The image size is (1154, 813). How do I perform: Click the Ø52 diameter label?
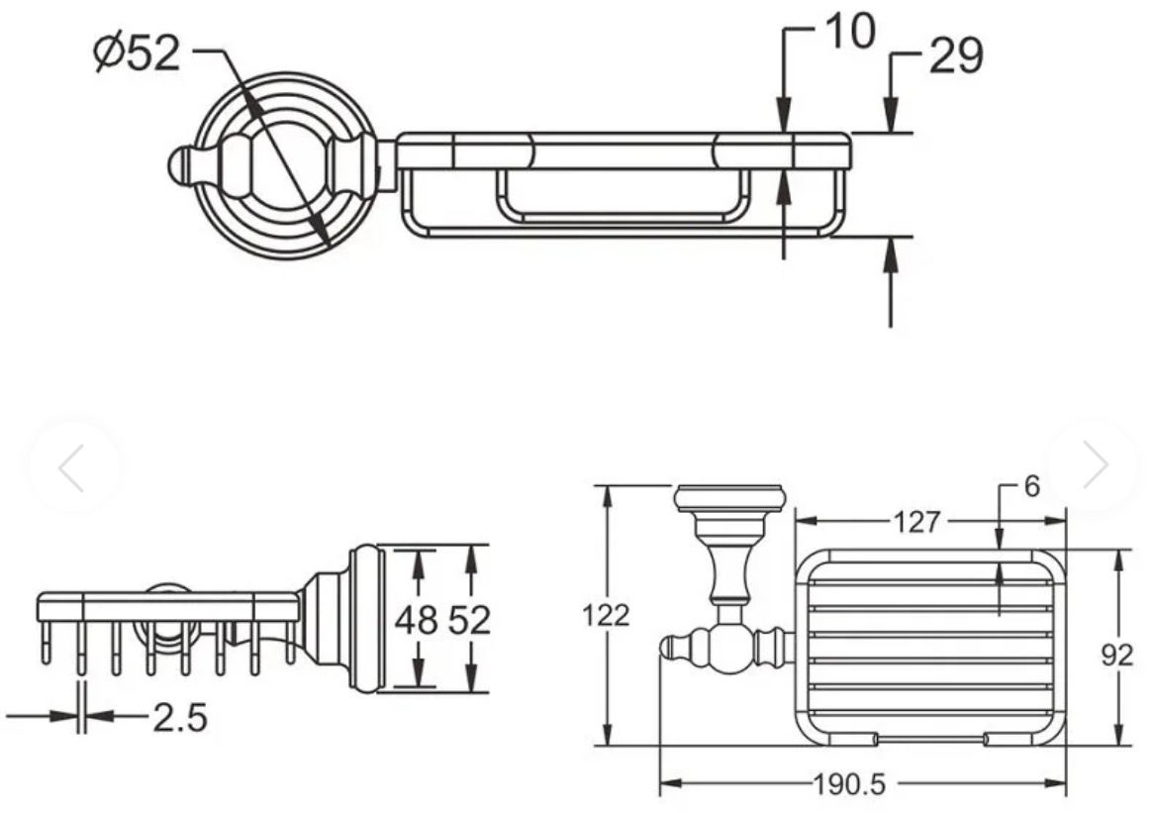pyautogui.click(x=137, y=53)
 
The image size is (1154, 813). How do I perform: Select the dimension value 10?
pyautogui.click(x=850, y=31)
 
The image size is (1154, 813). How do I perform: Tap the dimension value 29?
pyautogui.click(x=956, y=55)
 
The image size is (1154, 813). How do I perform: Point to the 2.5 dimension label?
pyautogui.click(x=179, y=717)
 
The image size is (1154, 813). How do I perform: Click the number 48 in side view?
pyautogui.click(x=417, y=619)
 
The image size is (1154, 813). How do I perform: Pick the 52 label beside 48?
pyautogui.click(x=469, y=619)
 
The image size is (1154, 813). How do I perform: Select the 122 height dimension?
pyautogui.click(x=606, y=615)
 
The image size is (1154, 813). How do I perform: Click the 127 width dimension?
pyautogui.click(x=916, y=522)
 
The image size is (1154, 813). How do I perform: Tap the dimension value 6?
pyautogui.click(x=1031, y=486)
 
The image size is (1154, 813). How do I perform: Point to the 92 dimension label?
pyautogui.click(x=1116, y=655)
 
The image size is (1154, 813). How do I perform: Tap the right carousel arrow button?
pyautogui.click(x=1094, y=464)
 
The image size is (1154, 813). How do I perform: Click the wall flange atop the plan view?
pyautogui.click(x=728, y=498)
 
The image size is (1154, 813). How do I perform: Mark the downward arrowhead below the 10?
pyautogui.click(x=785, y=118)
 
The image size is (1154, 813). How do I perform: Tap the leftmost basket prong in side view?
pyautogui.click(x=46, y=642)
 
